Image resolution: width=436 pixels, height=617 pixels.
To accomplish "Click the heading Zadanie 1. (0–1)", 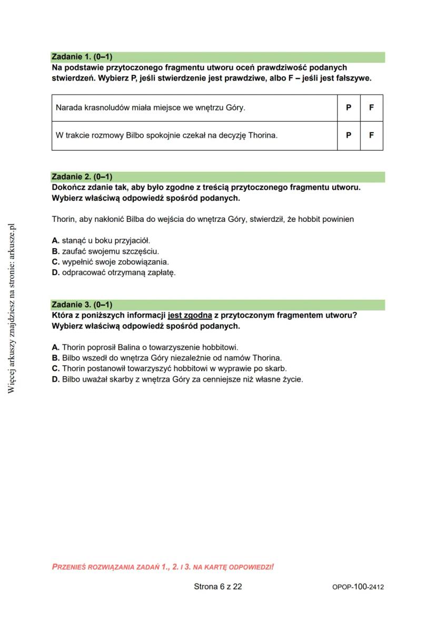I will click(82, 57).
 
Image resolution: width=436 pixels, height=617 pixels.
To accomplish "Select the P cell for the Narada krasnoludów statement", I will click(349, 107).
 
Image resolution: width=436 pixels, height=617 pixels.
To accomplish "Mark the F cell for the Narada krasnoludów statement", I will click(371, 107).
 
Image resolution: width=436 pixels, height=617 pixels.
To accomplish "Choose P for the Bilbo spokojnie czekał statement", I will click(349, 135).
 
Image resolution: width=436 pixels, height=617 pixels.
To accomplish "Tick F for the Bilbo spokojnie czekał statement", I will click(371, 135).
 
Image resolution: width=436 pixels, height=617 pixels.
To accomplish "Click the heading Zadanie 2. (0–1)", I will click(82, 177).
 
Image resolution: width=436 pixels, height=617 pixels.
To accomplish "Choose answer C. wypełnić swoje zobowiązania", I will click(111, 262).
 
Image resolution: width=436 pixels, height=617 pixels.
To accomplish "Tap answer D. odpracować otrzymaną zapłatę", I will click(114, 273).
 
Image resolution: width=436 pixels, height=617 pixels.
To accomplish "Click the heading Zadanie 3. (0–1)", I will click(82, 305).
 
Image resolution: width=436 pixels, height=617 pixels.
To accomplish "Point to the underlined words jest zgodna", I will click(190, 315).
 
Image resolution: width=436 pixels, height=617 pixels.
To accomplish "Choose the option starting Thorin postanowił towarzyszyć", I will click(170, 368).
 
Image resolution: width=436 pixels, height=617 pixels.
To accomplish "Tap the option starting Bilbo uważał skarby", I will click(177, 379).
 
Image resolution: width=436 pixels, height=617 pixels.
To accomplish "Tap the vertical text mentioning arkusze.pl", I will click(12, 308).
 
